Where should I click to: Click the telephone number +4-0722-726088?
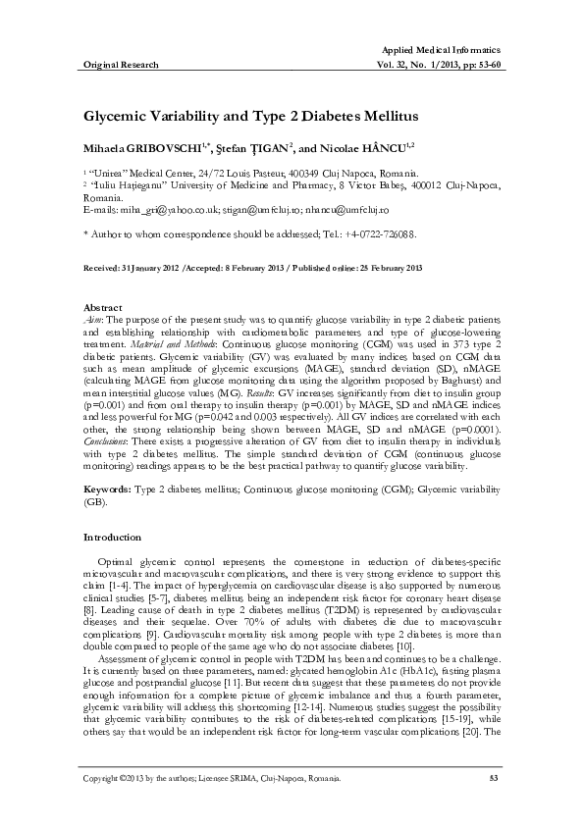pos(345,234)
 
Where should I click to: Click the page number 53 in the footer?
pos(494,779)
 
